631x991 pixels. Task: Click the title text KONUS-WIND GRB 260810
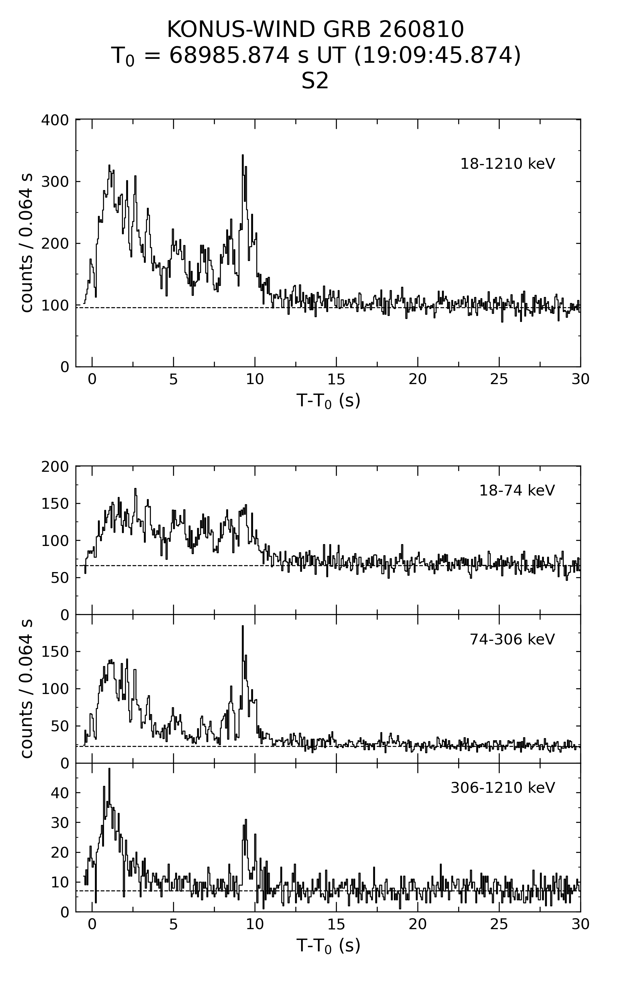coord(315,30)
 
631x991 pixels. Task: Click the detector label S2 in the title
coord(315,81)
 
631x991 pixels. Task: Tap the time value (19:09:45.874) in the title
coord(437,56)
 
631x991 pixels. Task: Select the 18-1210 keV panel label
coord(508,164)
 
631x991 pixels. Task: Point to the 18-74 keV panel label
coord(517,490)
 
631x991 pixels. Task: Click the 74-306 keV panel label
coord(512,639)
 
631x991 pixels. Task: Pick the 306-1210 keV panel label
coord(503,788)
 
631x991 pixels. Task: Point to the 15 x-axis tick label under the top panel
coord(336,379)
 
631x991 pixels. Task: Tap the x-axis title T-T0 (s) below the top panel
coord(328,400)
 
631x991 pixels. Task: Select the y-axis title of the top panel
coord(26,243)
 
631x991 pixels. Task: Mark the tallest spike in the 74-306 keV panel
coord(242,626)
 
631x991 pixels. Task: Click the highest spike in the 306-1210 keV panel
coord(109,769)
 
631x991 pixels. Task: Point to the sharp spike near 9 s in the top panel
coord(242,156)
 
